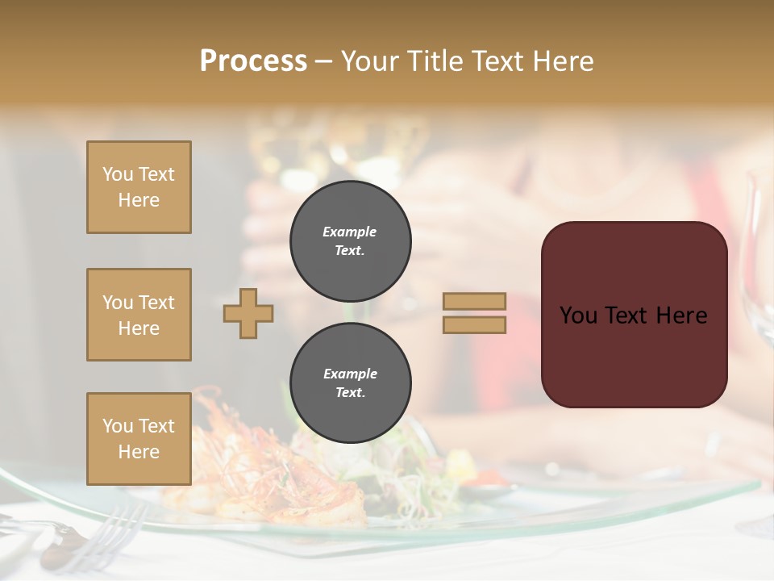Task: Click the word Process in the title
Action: (x=253, y=61)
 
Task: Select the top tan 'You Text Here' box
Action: (x=139, y=187)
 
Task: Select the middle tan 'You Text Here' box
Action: (x=139, y=315)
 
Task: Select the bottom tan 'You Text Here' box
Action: (x=139, y=439)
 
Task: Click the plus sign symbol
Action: (x=248, y=313)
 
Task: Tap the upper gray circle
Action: (x=350, y=241)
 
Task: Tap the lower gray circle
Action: (x=350, y=383)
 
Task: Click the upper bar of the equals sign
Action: (x=475, y=302)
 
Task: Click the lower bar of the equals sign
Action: (x=475, y=325)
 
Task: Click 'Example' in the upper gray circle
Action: (x=350, y=232)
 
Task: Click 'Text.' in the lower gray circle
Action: (x=350, y=393)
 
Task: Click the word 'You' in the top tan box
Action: (x=118, y=174)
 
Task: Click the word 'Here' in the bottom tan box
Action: (x=139, y=452)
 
